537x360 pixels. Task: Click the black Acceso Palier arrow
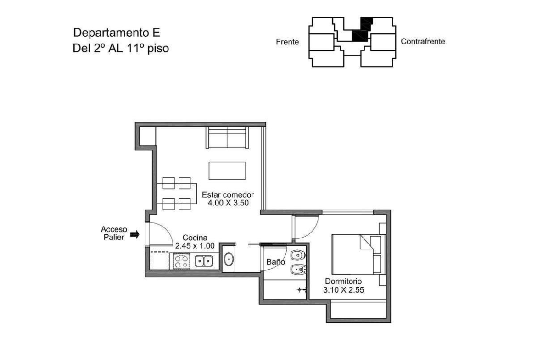tap(135, 234)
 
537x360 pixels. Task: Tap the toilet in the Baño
tap(297, 255)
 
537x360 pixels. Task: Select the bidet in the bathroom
tap(297, 270)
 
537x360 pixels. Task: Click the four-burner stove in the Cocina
tap(181, 261)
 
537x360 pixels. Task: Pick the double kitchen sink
tap(204, 261)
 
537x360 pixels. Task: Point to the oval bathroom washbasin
tap(229, 259)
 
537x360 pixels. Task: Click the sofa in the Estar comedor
tap(227, 137)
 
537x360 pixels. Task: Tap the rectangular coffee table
tap(227, 171)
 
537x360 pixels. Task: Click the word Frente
tap(287, 42)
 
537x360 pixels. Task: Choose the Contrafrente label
tap(423, 41)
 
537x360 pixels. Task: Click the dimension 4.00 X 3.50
tap(228, 203)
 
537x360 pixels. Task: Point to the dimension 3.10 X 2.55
tap(343, 290)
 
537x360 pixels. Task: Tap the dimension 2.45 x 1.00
tap(195, 246)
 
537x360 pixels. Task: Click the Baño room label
tap(276, 262)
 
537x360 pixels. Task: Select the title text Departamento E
tap(117, 33)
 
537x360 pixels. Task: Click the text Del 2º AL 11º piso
tap(121, 48)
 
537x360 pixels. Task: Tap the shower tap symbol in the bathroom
tap(301, 290)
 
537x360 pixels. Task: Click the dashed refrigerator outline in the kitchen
tap(160, 261)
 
